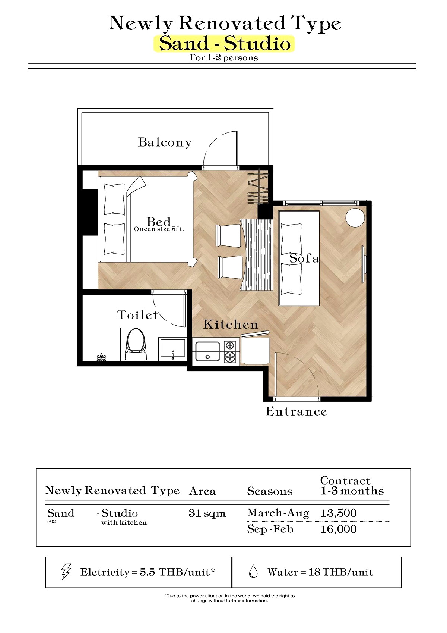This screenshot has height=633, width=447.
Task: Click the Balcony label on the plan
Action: coord(165,142)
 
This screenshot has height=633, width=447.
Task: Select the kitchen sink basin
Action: coord(208,351)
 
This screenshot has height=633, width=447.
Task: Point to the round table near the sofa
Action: coord(355,217)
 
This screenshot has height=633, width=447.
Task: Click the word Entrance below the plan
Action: coord(296,411)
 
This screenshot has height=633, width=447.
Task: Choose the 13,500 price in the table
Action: coord(338,513)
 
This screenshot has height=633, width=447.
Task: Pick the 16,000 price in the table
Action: coord(338,529)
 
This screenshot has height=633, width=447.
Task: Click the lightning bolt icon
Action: coord(66,572)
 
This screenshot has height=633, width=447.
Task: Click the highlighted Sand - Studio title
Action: coord(224,44)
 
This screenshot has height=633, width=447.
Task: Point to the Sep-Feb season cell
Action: coord(270,529)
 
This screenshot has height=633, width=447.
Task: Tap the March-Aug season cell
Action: coord(278,513)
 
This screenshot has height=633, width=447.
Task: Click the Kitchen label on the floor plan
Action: coord(231,325)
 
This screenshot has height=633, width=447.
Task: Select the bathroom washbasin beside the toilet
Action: coord(172,349)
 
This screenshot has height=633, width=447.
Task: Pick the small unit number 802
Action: coord(51,521)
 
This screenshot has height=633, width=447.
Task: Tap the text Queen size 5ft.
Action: coord(159,229)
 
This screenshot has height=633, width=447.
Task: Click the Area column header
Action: coord(202,491)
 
